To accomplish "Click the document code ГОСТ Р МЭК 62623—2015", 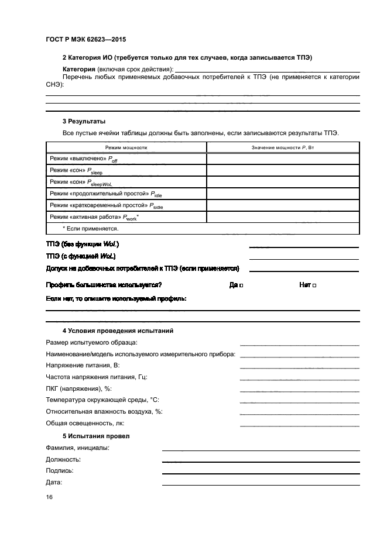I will coord(85,40).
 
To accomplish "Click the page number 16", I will coord(49,497).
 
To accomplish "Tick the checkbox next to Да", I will coord(241,285).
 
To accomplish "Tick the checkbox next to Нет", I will coord(314,285).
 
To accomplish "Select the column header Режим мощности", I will coord(126,147).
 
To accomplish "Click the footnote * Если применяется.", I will coord(90,228).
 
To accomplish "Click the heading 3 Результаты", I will coord(84,121).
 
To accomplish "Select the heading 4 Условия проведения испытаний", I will coord(118,331).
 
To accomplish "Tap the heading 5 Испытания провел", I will coord(96,436).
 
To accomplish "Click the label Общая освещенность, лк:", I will coord(85,423).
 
